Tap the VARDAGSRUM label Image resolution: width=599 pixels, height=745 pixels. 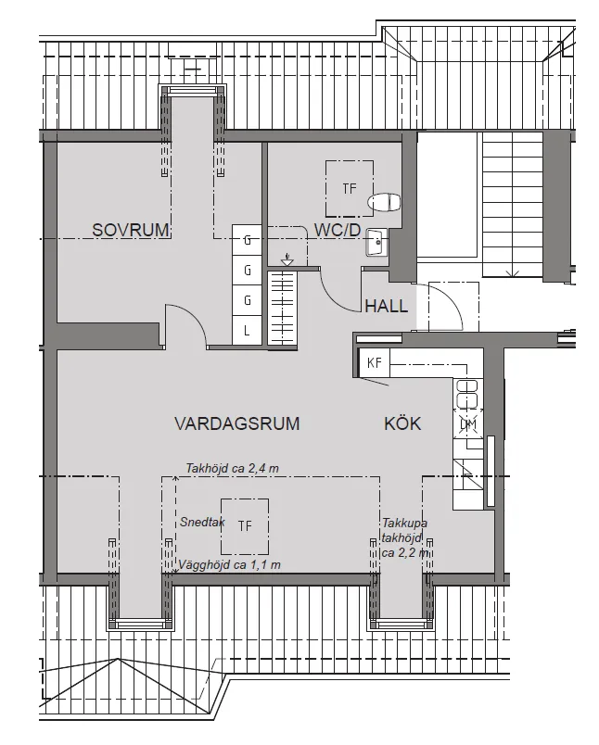(236, 424)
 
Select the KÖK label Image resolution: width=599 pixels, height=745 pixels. (402, 424)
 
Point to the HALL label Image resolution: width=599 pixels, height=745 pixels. (386, 307)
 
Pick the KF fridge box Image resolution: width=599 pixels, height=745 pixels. (375, 362)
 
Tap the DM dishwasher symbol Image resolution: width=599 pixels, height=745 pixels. (468, 424)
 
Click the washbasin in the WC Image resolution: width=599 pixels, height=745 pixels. (376, 243)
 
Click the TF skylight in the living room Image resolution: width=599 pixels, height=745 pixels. (244, 526)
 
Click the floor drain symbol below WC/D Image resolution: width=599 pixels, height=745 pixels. (287, 260)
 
